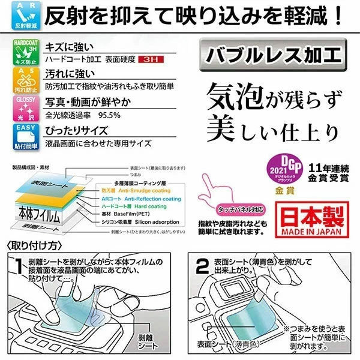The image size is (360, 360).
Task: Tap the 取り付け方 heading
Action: (34, 245)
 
